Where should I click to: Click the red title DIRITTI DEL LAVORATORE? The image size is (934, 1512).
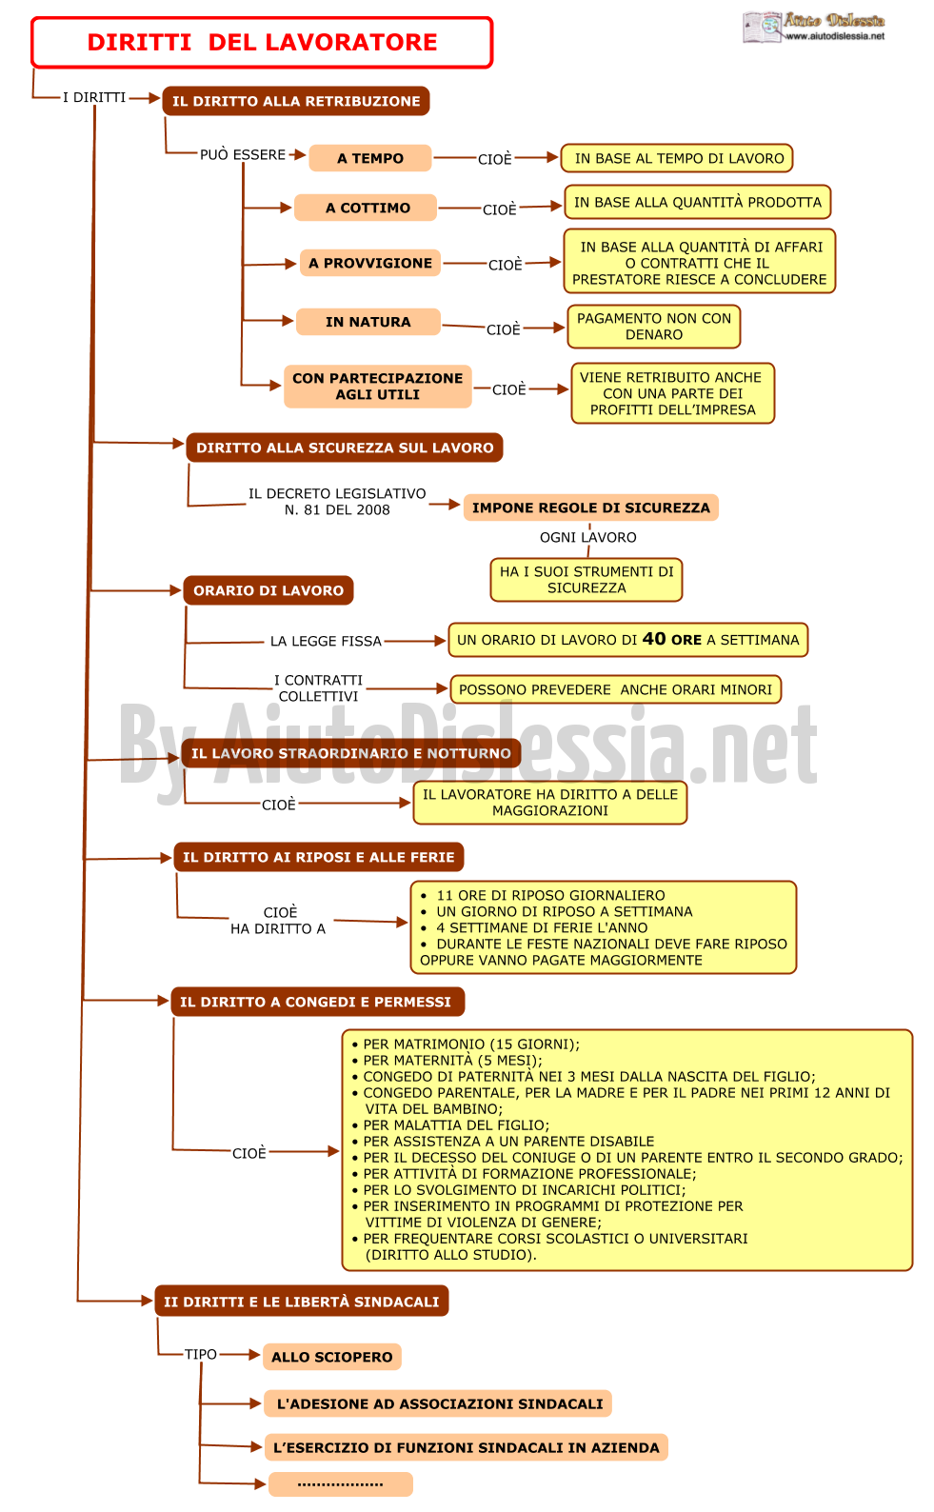(262, 43)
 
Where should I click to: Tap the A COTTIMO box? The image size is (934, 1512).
(366, 208)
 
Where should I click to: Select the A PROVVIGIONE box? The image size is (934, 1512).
(370, 263)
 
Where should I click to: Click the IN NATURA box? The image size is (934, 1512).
(368, 322)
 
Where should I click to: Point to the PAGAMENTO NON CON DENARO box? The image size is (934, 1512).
(654, 327)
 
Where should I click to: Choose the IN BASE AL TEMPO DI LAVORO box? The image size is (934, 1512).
(677, 159)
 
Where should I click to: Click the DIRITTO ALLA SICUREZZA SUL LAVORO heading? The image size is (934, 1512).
(345, 448)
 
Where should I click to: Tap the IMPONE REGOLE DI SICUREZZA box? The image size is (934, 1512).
(591, 507)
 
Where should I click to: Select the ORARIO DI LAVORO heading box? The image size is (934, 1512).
(268, 590)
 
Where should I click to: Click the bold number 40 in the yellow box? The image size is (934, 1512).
(654, 639)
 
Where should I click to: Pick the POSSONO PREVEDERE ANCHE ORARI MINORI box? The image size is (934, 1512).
(615, 690)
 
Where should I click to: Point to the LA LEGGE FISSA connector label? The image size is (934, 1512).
(326, 641)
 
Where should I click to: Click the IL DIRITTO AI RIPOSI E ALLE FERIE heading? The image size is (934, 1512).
(319, 857)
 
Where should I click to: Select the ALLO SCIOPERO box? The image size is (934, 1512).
(332, 1357)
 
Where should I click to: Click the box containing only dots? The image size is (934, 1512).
(341, 1483)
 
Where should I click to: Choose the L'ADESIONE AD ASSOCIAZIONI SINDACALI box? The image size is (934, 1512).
(439, 1404)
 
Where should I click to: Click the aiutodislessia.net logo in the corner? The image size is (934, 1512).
(814, 27)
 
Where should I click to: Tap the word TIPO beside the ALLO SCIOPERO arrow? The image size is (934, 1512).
(201, 1354)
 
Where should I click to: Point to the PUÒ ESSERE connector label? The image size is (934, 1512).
(243, 154)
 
